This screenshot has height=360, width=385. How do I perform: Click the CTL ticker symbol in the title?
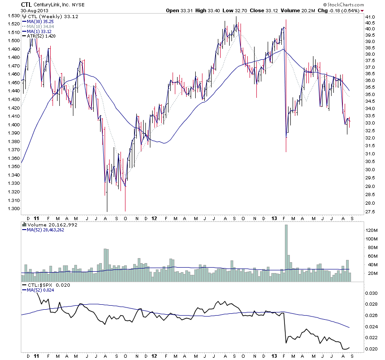[26, 4]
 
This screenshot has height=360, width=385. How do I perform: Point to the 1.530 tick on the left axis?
[13, 16]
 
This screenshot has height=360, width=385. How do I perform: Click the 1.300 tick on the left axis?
[13, 209]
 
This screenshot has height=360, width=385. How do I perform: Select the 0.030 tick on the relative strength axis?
[371, 293]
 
